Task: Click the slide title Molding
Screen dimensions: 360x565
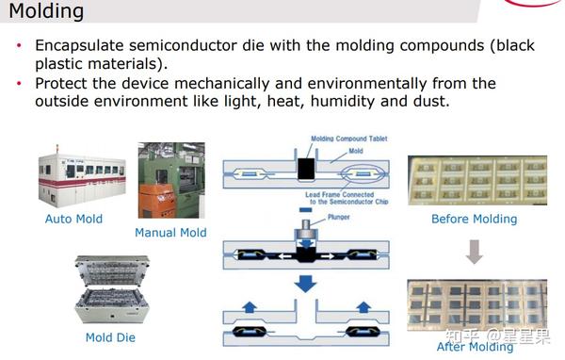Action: [x=46, y=12]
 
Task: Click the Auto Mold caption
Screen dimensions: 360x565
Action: [x=73, y=220]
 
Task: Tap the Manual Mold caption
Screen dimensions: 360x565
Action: [x=170, y=233]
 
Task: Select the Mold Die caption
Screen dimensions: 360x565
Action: [x=112, y=337]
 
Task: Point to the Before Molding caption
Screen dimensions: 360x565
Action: [x=474, y=220]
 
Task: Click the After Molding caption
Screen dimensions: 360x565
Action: [x=475, y=347]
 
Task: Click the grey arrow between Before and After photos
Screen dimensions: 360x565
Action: [x=475, y=251]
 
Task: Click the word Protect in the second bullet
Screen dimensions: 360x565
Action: [x=61, y=84]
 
